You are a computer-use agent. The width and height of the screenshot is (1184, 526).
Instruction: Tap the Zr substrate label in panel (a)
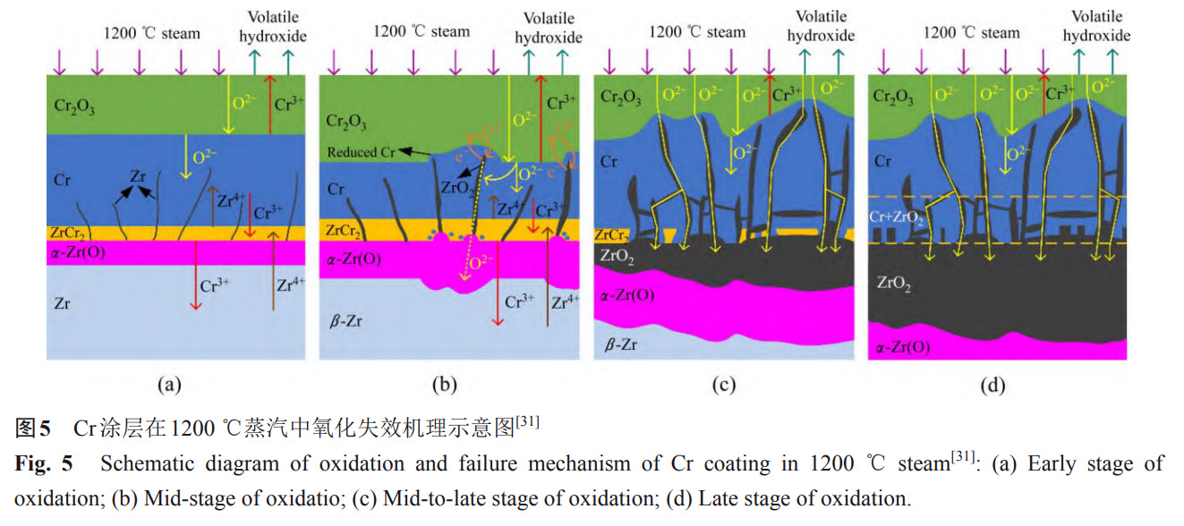point(63,304)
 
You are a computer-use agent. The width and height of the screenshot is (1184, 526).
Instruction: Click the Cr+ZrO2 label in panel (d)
point(898,217)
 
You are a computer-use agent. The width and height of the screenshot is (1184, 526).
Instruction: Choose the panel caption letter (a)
point(170,386)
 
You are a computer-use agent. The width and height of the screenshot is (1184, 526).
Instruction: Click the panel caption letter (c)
point(722,386)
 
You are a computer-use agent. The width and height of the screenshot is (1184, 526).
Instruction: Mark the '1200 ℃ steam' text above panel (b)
point(422,32)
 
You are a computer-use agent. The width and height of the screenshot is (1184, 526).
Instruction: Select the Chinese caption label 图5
point(33,428)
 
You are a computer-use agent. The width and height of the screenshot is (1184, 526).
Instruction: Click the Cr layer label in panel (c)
point(609,162)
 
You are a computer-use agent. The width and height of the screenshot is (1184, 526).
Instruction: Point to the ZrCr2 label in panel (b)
point(345,230)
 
